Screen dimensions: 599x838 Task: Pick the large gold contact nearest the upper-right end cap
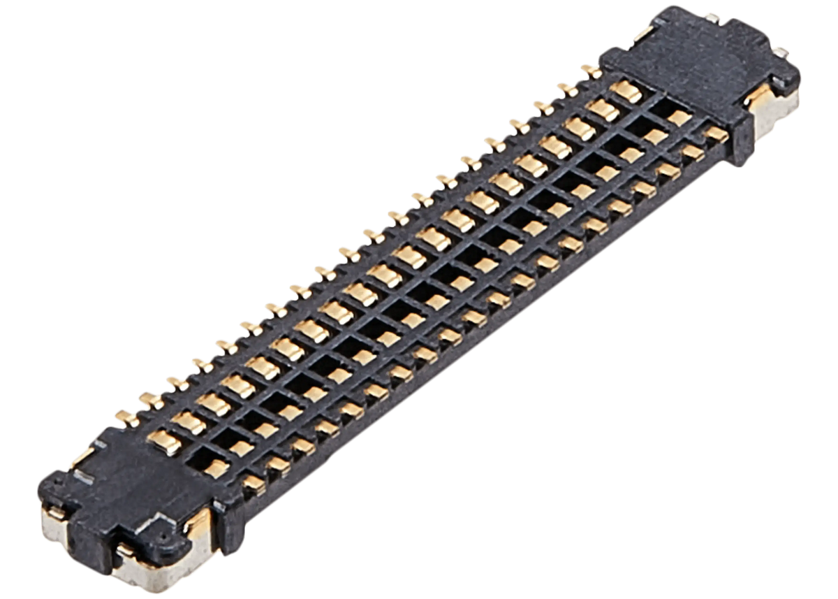pos(626,90)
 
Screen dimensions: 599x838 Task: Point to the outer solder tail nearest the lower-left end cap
pos(126,415)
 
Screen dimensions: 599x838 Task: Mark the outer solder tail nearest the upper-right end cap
pos(591,70)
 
